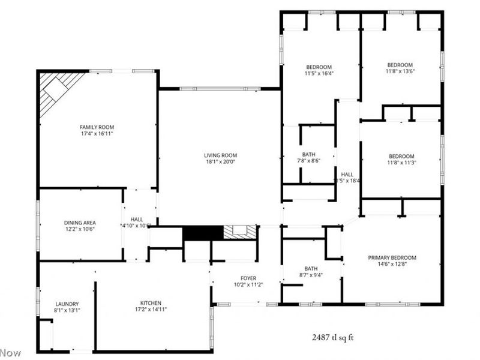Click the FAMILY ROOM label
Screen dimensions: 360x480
pyautogui.click(x=97, y=127)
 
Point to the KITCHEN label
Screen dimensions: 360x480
pyautogui.click(x=151, y=303)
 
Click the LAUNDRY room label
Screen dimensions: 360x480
pyautogui.click(x=67, y=304)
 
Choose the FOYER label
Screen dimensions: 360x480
pyautogui.click(x=248, y=278)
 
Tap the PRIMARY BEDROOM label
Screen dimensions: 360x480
pyautogui.click(x=392, y=258)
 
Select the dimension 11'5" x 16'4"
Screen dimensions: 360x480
pyautogui.click(x=319, y=74)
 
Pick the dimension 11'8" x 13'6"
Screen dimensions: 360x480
pyautogui.click(x=400, y=71)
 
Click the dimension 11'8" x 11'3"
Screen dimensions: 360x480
pyautogui.click(x=401, y=163)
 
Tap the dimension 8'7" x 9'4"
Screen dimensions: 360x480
pyautogui.click(x=310, y=275)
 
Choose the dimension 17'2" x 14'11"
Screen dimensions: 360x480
pyautogui.click(x=151, y=310)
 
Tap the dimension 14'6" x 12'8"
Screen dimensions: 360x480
pyautogui.click(x=392, y=265)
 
